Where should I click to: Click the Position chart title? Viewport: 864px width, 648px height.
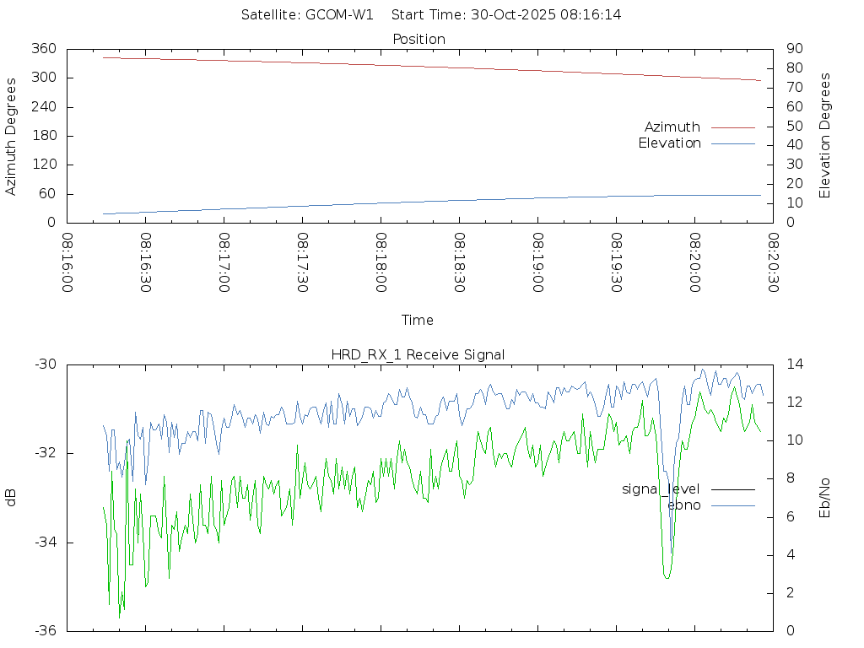point(418,39)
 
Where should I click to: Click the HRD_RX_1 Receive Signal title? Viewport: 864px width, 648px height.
point(418,354)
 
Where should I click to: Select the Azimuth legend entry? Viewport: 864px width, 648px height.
point(672,127)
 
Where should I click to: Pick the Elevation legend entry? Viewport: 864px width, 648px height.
point(670,143)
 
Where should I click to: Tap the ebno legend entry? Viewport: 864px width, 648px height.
point(684,505)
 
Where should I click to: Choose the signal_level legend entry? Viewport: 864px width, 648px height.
point(661,489)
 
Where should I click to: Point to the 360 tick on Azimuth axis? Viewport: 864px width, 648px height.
point(43,49)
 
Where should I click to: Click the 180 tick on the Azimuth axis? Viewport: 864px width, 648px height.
point(43,136)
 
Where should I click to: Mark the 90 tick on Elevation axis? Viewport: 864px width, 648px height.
point(793,49)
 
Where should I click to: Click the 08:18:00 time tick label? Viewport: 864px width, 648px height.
point(381,262)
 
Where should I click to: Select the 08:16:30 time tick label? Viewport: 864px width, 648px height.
point(145,262)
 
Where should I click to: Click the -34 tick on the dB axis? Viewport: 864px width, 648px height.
point(46,543)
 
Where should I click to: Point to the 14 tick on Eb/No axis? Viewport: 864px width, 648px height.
point(795,364)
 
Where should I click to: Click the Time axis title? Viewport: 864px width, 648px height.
point(418,320)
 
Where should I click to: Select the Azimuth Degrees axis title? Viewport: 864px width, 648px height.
point(11,136)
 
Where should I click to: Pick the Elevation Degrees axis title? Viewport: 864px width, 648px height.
point(825,136)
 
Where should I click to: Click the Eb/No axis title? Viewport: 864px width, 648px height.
point(825,498)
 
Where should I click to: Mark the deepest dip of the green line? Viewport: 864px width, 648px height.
point(119,618)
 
